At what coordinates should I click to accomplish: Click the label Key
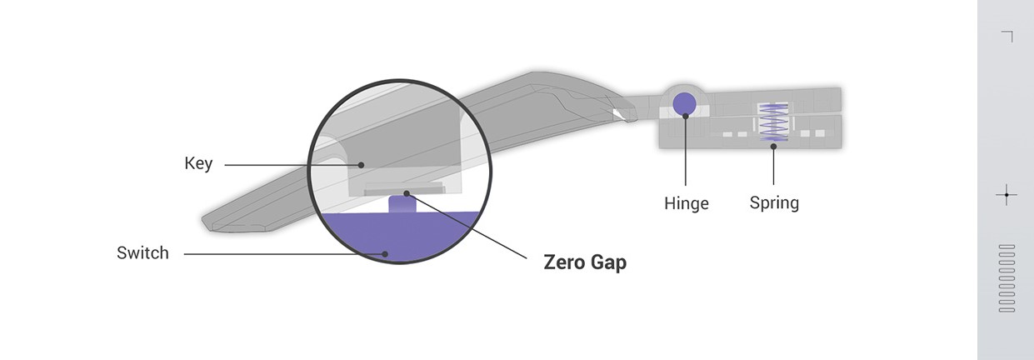tap(198, 163)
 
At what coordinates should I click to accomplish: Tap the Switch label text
tap(142, 252)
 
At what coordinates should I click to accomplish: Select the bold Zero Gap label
tap(585, 262)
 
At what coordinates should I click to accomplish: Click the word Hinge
tap(687, 202)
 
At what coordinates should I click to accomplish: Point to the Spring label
tap(774, 202)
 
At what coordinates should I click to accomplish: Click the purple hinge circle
tap(685, 103)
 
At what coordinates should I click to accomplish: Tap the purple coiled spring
tap(774, 122)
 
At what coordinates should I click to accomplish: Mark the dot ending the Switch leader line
tap(384, 252)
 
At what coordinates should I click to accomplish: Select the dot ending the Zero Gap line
tap(407, 193)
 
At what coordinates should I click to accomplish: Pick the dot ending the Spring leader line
tap(774, 147)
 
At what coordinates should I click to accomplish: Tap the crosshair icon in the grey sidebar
tap(1007, 196)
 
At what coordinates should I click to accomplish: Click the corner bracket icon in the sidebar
tap(1007, 36)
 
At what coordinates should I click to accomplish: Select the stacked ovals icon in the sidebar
tap(1007, 278)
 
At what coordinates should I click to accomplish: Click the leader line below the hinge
tap(685, 150)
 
